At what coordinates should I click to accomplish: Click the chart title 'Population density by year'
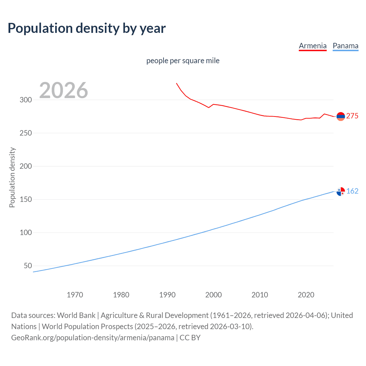coord(87,28)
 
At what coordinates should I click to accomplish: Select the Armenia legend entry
coord(313,46)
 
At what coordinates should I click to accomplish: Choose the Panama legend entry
coord(345,46)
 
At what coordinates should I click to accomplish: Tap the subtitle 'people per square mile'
coord(183,61)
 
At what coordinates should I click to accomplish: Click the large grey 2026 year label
coord(63,90)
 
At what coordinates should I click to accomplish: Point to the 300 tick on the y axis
coord(26,100)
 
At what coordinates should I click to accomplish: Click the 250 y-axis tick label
coord(26,133)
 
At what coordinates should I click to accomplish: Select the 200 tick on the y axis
coord(26,166)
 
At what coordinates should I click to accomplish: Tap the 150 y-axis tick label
coord(26,200)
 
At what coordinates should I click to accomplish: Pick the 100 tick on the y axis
coord(26,233)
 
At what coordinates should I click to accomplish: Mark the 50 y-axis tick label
coord(28,266)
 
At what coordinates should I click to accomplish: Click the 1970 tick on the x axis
coord(75,295)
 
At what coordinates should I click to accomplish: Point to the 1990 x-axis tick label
coord(167,295)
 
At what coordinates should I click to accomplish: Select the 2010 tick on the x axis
coord(260,295)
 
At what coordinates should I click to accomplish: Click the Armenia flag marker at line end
coord(341,116)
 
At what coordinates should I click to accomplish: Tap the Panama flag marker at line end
coord(341,192)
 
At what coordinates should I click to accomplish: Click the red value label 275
coord(352,116)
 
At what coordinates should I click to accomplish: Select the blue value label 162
coord(352,191)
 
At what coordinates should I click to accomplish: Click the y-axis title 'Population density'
coord(12,177)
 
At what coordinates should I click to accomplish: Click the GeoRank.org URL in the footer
coord(93,338)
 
